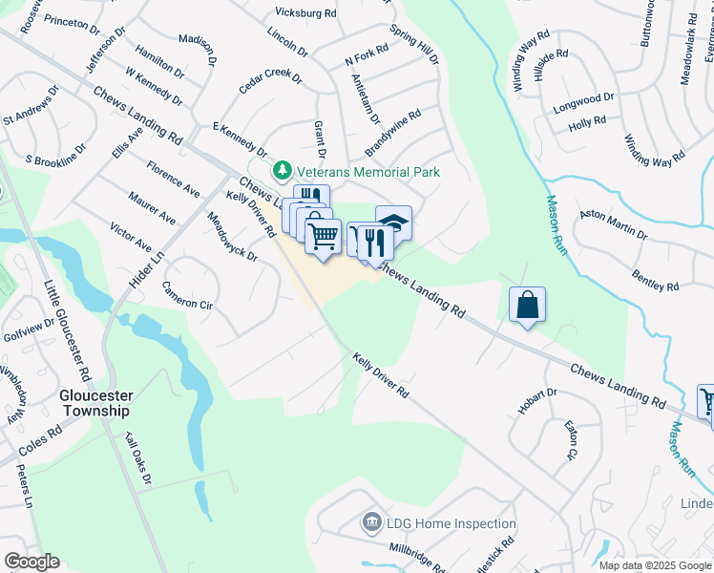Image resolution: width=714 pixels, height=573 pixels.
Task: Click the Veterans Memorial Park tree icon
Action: (x=282, y=172)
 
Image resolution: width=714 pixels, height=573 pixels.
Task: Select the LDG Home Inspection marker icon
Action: (x=371, y=523)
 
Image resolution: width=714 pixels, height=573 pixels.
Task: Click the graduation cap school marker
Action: (x=394, y=223)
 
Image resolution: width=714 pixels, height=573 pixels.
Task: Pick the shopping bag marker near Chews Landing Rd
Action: (x=527, y=306)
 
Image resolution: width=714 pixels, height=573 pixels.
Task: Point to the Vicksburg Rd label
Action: (x=306, y=14)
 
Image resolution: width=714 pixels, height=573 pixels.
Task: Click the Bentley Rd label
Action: (x=655, y=280)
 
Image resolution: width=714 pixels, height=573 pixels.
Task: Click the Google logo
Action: (x=31, y=561)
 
